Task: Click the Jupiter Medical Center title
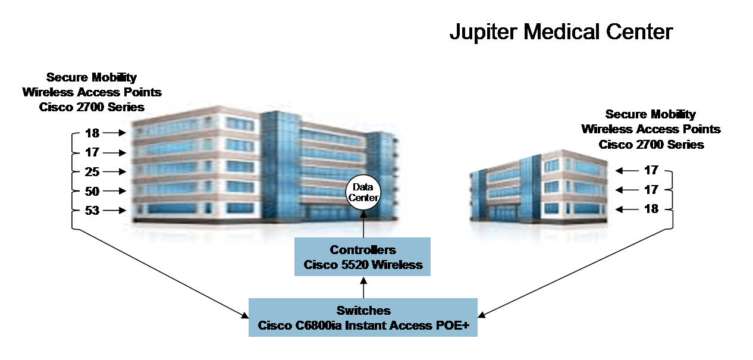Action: click(561, 32)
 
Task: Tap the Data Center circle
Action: click(363, 192)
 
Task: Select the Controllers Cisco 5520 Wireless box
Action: click(363, 257)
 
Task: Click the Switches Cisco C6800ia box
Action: click(363, 318)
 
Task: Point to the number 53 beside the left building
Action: click(92, 211)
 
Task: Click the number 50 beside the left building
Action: click(92, 192)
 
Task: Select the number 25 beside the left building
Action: click(92, 172)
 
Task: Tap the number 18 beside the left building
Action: click(92, 133)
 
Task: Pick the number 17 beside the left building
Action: click(92, 153)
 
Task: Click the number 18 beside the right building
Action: click(651, 209)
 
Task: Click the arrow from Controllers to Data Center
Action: click(363, 225)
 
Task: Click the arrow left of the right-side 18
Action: click(626, 209)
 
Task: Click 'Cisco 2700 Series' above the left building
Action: click(92, 107)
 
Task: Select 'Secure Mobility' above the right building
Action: click(650, 114)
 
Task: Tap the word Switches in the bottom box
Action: click(363, 311)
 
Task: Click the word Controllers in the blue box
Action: click(363, 250)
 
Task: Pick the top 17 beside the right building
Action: click(651, 170)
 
